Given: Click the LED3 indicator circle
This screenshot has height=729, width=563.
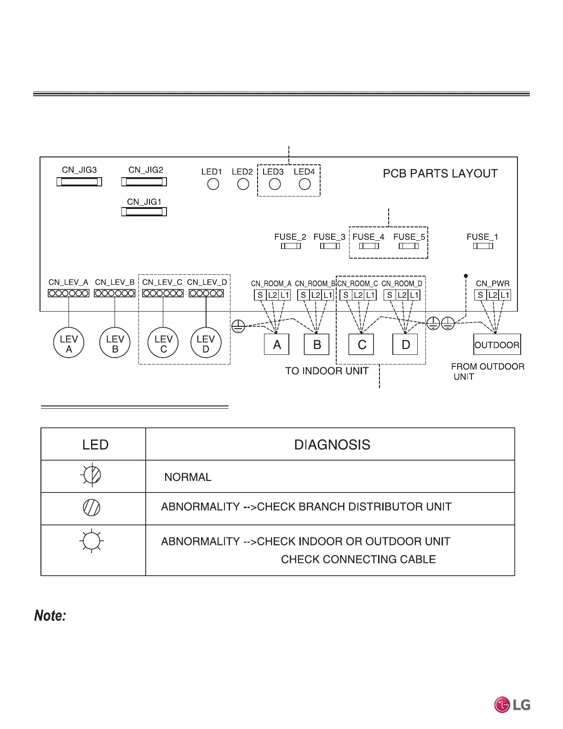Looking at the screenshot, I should pos(275,184).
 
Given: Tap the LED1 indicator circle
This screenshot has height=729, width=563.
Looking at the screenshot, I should pos(213,184).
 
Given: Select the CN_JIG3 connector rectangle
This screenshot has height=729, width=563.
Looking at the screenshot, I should pos(79,182).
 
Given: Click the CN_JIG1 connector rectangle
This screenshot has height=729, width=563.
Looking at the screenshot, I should pos(144,212).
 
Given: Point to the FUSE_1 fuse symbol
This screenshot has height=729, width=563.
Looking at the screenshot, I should pos(483,246).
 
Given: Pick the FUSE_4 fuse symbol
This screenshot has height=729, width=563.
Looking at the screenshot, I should pos(369,246).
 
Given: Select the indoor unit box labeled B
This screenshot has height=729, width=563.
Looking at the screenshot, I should pos(317,344).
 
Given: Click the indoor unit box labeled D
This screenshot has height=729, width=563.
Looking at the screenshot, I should pos(405,344).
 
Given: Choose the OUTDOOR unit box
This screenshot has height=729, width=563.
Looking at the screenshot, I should pos(497,345).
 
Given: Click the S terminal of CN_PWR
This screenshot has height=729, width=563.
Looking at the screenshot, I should pos(481,295).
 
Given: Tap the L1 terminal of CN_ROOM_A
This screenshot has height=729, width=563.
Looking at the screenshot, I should pos(285,295).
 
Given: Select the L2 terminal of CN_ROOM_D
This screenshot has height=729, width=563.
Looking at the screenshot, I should pos(402,295).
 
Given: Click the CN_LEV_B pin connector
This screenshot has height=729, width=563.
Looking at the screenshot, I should pos(115,293).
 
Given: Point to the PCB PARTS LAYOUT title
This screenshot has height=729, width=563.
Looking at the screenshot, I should pos(440,174).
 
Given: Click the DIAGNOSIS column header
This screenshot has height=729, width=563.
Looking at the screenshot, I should pos(332,445).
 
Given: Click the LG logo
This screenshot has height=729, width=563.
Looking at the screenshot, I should pos(512,704).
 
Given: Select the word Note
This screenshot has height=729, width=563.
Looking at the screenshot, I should pos(50,616).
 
